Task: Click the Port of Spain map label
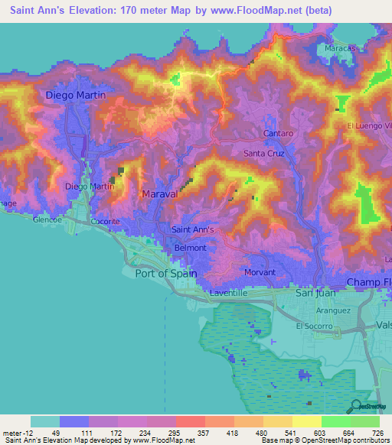click(165, 273)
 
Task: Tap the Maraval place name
click(160, 194)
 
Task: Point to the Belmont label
click(191, 248)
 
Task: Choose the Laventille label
click(230, 292)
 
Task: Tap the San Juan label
click(316, 292)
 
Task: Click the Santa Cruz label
click(264, 153)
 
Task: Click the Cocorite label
click(105, 222)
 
